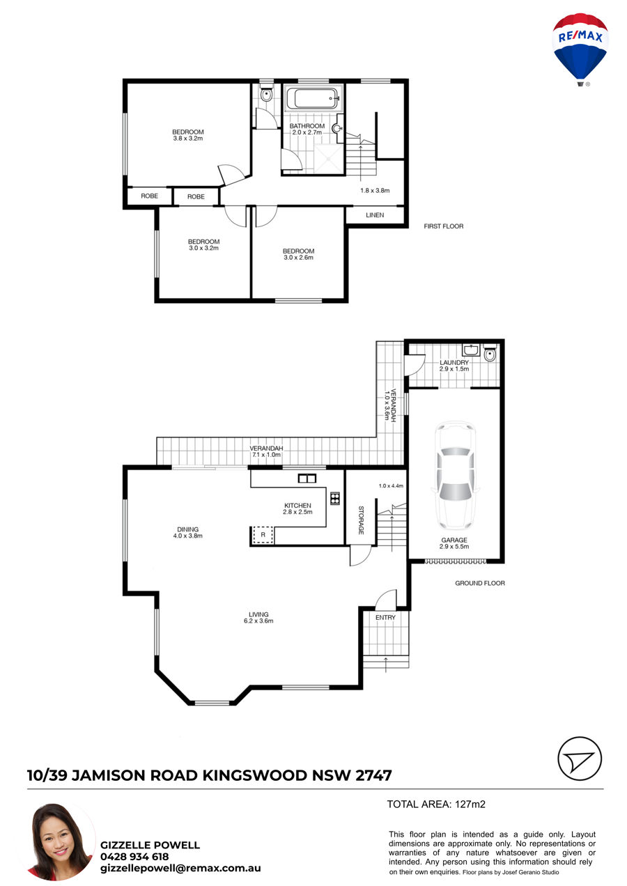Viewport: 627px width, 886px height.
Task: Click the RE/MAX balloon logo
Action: [x=580, y=49]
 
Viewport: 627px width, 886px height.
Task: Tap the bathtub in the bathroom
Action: [x=312, y=98]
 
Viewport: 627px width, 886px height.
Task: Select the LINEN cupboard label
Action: [x=375, y=215]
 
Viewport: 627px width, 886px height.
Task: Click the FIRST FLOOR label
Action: [x=444, y=226]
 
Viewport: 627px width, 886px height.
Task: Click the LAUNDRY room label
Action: [x=454, y=366]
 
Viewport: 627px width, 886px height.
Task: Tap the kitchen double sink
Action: [x=307, y=479]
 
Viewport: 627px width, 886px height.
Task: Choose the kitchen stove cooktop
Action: [x=335, y=499]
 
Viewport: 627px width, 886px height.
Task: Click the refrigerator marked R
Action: [x=263, y=535]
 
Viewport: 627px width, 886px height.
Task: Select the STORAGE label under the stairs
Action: [x=361, y=520]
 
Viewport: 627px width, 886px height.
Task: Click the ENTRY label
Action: [x=385, y=617]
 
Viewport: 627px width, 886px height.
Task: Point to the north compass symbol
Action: [x=580, y=759]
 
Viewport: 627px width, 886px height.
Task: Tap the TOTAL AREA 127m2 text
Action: [x=436, y=804]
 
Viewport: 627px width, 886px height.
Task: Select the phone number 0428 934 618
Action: [x=134, y=856]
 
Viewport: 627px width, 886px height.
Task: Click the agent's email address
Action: [x=180, y=868]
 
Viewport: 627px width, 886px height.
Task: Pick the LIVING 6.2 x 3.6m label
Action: [x=258, y=617]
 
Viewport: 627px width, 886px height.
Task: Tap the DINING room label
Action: [x=187, y=532]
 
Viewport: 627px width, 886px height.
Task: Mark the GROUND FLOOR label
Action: [x=480, y=583]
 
